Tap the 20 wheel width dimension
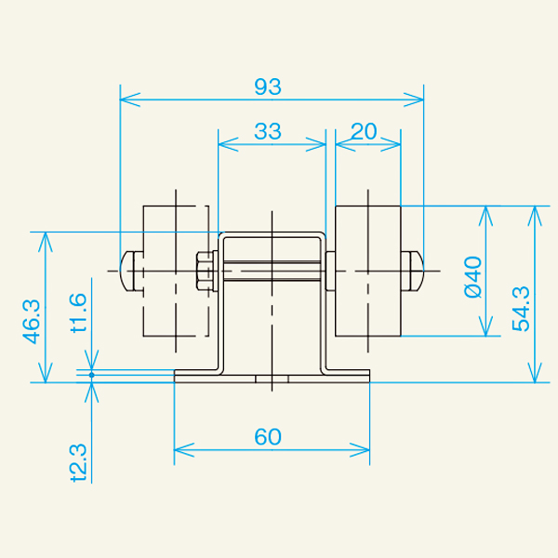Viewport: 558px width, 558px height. pyautogui.click(x=365, y=132)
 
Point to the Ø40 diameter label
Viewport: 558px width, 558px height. pyautogui.click(x=472, y=276)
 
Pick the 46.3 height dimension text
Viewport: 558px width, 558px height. pyautogui.click(x=31, y=321)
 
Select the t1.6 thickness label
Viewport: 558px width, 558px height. pyautogui.click(x=78, y=312)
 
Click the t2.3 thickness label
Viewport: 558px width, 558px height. pyautogui.click(x=78, y=462)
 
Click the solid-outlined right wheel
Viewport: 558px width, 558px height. pyautogui.click(x=367, y=270)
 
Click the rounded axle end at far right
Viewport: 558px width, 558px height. pyautogui.click(x=415, y=270)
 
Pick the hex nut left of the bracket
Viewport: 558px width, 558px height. pyautogui.click(x=204, y=271)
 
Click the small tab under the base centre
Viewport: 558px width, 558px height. pyautogui.click(x=272, y=379)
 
